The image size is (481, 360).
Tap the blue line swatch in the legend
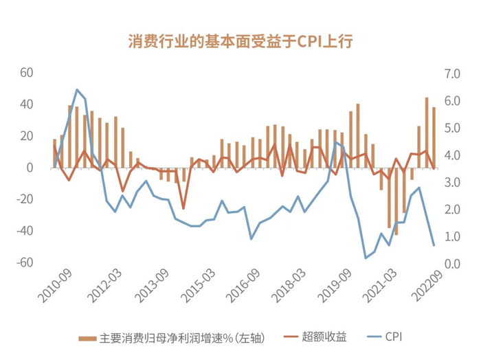371,337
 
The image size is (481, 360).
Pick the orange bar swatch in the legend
87,338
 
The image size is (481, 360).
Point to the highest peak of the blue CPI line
77,89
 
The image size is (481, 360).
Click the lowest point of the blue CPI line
366,258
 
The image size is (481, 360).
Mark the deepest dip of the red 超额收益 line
183,208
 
